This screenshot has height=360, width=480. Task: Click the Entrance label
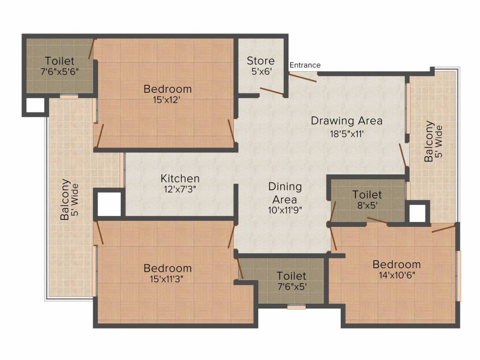pyautogui.click(x=305, y=65)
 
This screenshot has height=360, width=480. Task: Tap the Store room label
pyautogui.click(x=261, y=61)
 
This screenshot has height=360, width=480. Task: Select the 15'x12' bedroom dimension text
pyautogui.click(x=167, y=99)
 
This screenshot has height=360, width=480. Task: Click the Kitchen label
pyautogui.click(x=180, y=179)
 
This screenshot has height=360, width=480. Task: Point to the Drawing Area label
pyautogui.click(x=346, y=120)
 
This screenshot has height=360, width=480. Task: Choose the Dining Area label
pyautogui.click(x=285, y=193)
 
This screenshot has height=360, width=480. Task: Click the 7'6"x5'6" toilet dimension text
pyautogui.click(x=59, y=72)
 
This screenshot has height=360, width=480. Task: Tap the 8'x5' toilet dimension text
pyautogui.click(x=367, y=205)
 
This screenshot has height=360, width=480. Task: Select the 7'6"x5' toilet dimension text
pyautogui.click(x=291, y=287)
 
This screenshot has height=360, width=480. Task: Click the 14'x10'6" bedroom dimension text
pyautogui.click(x=396, y=275)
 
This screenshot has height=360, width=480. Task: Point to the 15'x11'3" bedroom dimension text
pyautogui.click(x=167, y=279)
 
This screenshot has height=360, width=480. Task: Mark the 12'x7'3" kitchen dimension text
pyautogui.click(x=180, y=189)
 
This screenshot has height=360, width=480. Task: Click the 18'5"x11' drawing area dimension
pyautogui.click(x=346, y=133)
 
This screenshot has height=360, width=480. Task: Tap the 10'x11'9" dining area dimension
pyautogui.click(x=285, y=210)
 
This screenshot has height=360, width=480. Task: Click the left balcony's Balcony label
pyautogui.click(x=65, y=199)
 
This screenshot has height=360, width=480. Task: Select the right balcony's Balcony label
pyautogui.click(x=429, y=142)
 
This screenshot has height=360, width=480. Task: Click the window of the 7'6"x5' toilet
pyautogui.click(x=296, y=307)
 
